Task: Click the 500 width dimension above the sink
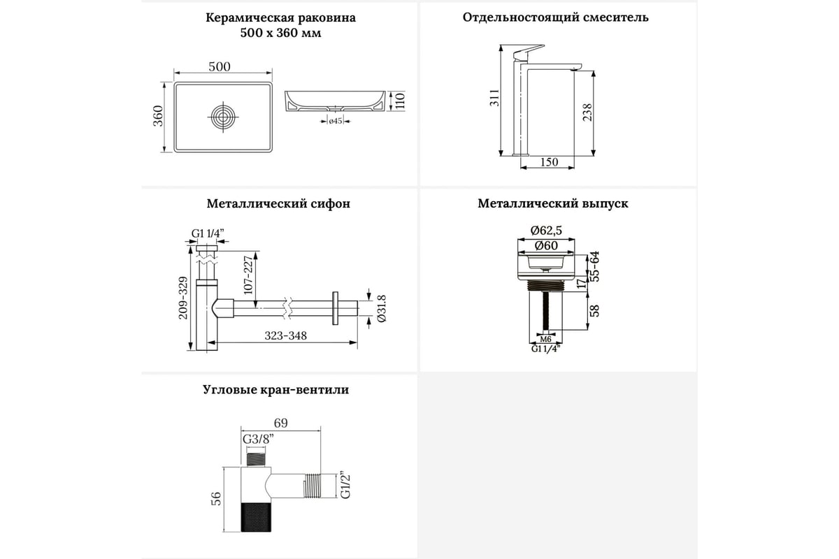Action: [x=220, y=66]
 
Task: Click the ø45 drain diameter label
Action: [x=335, y=122]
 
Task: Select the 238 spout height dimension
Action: [x=587, y=112]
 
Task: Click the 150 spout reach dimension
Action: [x=550, y=162]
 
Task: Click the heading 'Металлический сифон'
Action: [x=278, y=204]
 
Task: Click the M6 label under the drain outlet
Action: [x=546, y=339]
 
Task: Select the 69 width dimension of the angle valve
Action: [x=280, y=423]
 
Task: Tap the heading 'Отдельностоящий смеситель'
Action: [x=555, y=17]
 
